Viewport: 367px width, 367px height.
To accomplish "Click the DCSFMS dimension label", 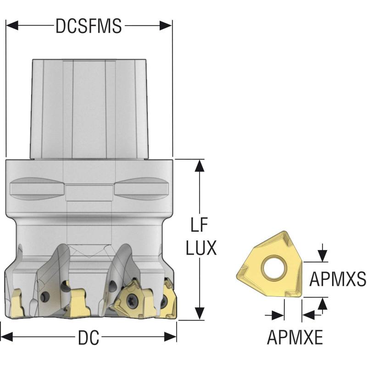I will click(x=89, y=26).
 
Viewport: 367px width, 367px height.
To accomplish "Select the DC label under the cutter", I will click(x=89, y=338).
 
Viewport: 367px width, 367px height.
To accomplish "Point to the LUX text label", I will click(x=201, y=248).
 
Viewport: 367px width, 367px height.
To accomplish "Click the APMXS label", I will click(x=338, y=278).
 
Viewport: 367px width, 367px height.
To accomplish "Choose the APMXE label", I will click(x=295, y=338).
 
